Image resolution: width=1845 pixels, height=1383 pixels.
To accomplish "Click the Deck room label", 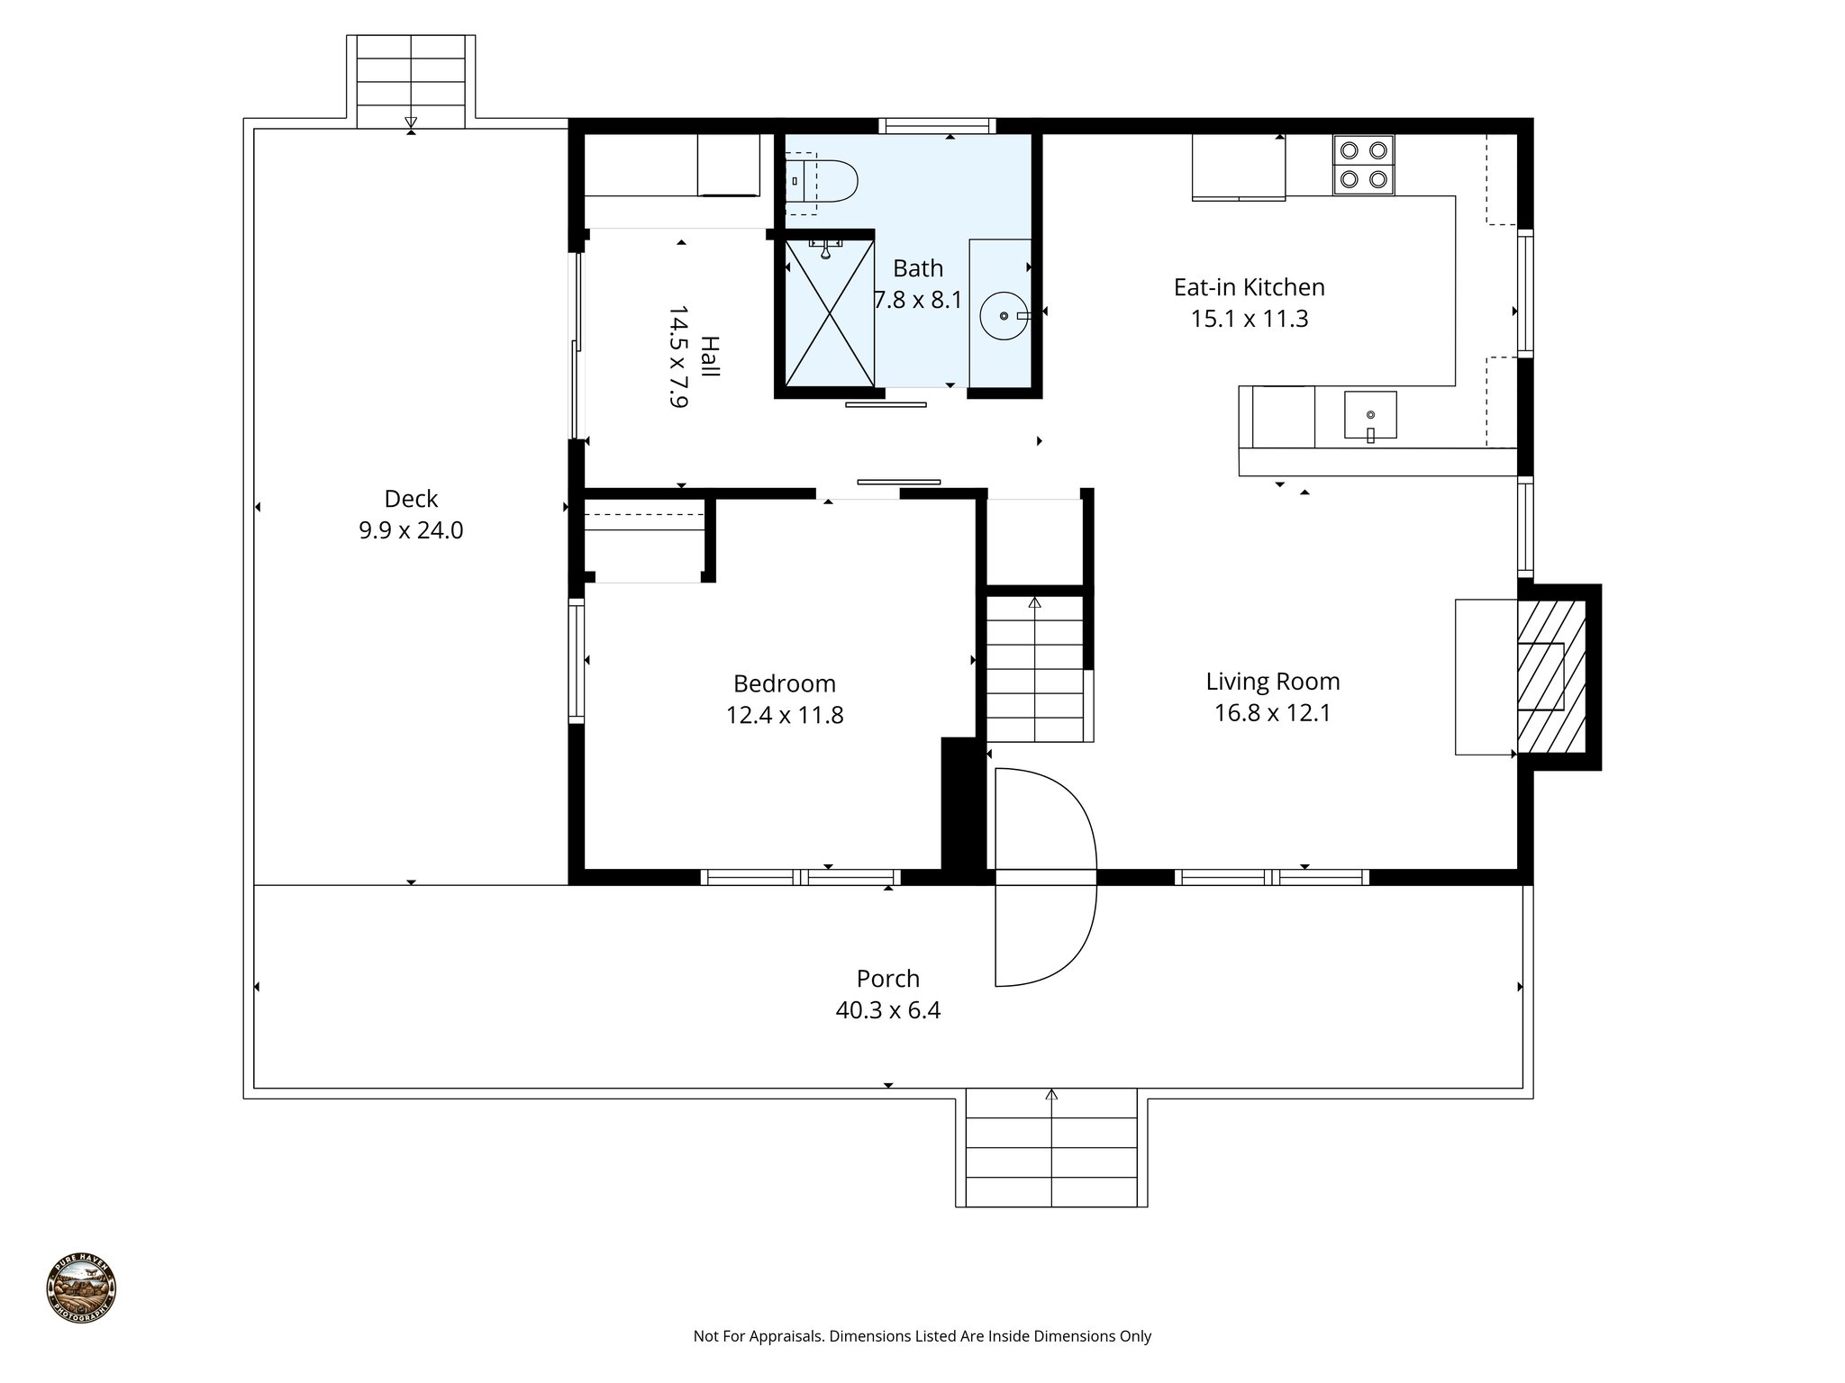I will (x=411, y=499).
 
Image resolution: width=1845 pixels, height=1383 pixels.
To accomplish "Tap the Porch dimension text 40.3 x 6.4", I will (x=887, y=1010).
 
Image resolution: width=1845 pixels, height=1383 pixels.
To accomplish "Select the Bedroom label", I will (x=784, y=683).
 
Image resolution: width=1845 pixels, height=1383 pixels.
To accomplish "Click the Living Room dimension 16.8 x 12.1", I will (x=1272, y=713).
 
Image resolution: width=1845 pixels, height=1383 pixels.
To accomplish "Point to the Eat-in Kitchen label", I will (x=1249, y=287).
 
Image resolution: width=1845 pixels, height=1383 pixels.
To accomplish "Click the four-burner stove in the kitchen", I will (x=1363, y=165).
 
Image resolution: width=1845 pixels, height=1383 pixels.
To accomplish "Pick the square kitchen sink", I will (x=1369, y=415).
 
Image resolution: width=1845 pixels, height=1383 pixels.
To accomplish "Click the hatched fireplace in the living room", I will (x=1551, y=677).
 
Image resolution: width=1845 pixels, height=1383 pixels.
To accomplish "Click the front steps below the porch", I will (x=1050, y=1148).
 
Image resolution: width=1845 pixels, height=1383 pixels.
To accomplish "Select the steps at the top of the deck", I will (x=411, y=81).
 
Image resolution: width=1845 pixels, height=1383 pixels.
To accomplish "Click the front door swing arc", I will (x=1045, y=878).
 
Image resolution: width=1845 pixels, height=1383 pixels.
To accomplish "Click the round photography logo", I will (x=81, y=1288).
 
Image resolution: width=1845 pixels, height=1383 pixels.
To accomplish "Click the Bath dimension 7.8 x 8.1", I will (x=918, y=300).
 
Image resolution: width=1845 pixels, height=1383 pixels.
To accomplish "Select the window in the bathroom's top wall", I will (x=937, y=126).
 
